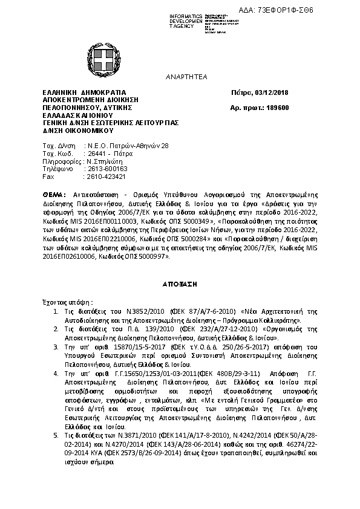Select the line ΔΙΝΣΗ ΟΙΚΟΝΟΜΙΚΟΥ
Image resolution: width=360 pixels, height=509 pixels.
[x=74, y=129]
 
